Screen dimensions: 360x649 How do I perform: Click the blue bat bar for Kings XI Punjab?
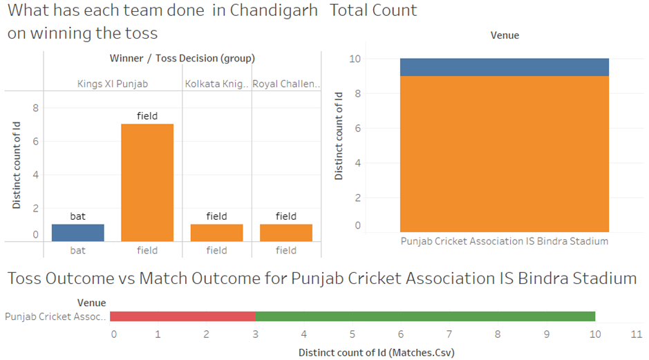(78, 233)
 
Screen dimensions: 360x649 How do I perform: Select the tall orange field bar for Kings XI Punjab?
(147, 182)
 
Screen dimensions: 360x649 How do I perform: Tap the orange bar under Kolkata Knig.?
(216, 233)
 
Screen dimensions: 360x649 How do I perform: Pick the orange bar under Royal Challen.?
(286, 233)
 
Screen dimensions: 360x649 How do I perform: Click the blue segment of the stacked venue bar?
(504, 67)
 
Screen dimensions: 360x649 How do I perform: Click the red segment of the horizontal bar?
(182, 316)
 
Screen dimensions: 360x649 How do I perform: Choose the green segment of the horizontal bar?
(425, 316)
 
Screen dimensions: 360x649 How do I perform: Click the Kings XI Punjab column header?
(113, 84)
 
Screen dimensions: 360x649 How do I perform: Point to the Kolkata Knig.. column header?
(216, 84)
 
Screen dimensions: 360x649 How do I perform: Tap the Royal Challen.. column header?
(286, 84)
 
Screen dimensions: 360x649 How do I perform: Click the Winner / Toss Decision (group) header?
(182, 59)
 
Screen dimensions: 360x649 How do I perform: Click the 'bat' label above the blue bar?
(78, 216)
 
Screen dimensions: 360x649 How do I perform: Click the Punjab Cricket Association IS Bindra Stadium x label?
(505, 241)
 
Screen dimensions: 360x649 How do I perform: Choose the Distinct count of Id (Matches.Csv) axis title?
(376, 352)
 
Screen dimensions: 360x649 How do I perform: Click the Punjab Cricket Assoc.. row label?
(56, 316)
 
